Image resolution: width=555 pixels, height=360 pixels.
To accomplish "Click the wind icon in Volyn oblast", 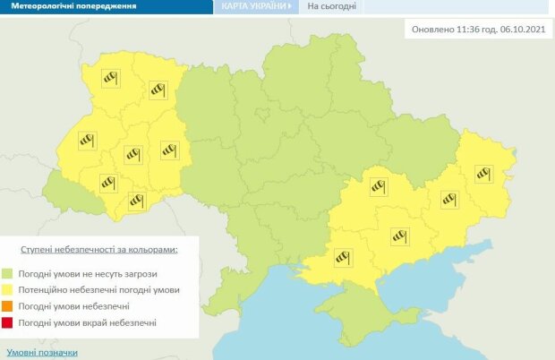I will click(109, 79).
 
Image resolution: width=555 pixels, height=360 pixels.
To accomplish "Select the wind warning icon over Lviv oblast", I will click(87, 140).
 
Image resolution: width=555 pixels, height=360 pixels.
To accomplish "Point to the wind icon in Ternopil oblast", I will click(133, 155).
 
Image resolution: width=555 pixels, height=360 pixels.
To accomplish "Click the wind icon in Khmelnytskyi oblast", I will click(169, 150).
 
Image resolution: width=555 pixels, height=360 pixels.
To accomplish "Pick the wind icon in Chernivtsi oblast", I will click(137, 201).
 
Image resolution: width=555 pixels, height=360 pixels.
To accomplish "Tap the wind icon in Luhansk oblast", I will click(484, 171).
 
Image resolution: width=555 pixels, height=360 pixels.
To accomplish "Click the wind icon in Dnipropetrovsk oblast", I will click(377, 186).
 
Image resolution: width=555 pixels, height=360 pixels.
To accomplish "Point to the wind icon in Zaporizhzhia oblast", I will click(398, 236).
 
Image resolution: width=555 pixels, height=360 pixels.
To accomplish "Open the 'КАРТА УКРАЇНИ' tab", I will click(255, 6).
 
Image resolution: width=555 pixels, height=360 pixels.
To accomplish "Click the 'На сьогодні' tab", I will click(332, 6).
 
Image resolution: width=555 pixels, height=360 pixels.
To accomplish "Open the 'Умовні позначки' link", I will click(42, 353).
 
